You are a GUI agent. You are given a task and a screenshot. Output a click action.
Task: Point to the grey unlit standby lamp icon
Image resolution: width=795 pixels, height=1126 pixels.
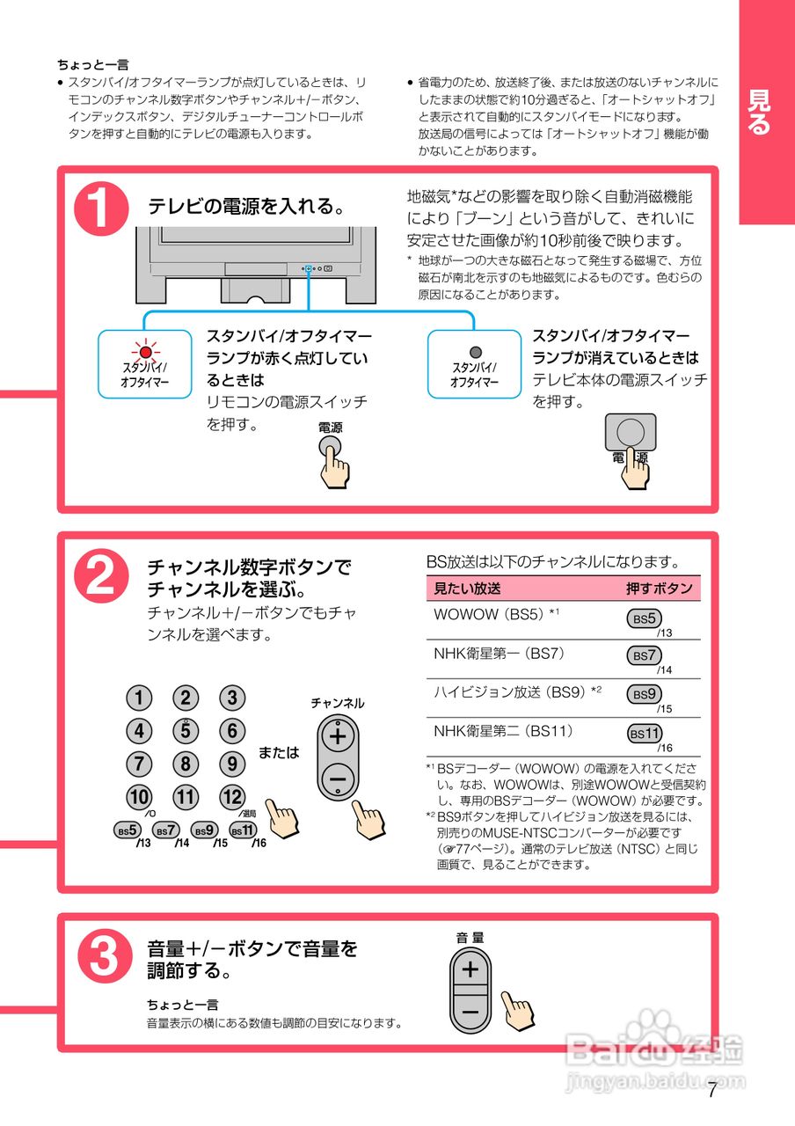pyautogui.click(x=475, y=353)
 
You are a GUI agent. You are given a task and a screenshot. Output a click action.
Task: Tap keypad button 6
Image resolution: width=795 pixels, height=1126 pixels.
pyautogui.click(x=232, y=731)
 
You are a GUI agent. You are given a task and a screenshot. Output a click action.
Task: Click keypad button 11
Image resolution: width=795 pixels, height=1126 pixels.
pyautogui.click(x=186, y=798)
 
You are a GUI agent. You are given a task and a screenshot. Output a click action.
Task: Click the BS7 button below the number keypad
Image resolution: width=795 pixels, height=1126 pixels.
pyautogui.click(x=165, y=830)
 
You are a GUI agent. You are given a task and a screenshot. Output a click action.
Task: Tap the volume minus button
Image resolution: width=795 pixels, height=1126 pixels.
pyautogui.click(x=470, y=1012)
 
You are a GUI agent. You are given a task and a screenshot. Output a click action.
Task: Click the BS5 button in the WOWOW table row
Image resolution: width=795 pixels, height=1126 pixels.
pyautogui.click(x=645, y=618)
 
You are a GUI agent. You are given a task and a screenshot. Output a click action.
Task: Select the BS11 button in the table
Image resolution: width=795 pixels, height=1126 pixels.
pyautogui.click(x=645, y=734)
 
